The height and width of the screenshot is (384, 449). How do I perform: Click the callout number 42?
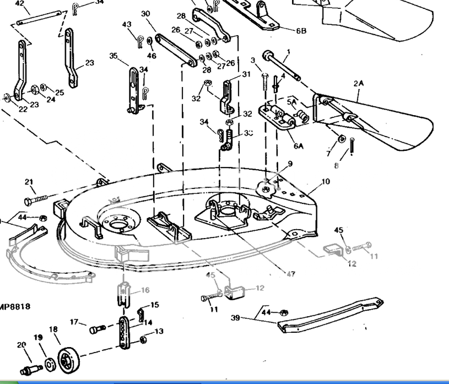point(19,3)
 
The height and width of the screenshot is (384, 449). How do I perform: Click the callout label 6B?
point(301,31)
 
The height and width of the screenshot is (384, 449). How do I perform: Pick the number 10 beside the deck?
point(326,181)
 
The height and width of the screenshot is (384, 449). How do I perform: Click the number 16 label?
point(145,290)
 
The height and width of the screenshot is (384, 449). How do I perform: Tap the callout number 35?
point(114,56)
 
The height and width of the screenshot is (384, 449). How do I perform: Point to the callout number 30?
point(145,14)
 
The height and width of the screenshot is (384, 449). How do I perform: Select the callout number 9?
point(290,163)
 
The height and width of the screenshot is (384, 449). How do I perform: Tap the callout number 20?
point(21,345)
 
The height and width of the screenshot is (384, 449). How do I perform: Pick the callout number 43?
point(127,24)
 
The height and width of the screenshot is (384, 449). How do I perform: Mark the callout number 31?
point(246,74)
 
